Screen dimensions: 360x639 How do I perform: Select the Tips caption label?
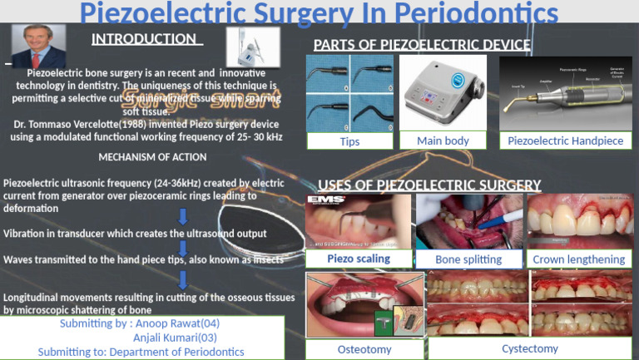pyautogui.click(x=349, y=141)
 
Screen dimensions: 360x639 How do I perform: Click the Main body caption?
pyautogui.click(x=443, y=141)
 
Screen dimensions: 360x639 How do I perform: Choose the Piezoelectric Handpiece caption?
pyautogui.click(x=565, y=141)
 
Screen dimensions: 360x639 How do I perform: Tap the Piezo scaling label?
pyautogui.click(x=358, y=259)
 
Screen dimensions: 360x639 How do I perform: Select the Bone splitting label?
pyautogui.click(x=468, y=259)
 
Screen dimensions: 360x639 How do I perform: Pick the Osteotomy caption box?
pyautogui.click(x=364, y=349)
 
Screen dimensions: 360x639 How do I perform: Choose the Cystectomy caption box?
pyautogui.click(x=529, y=348)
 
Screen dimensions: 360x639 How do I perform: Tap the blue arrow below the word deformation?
pyautogui.click(x=183, y=219)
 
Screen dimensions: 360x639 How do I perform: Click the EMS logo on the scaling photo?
pyautogui.click(x=321, y=200)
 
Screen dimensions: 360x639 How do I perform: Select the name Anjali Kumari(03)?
pyautogui.click(x=176, y=338)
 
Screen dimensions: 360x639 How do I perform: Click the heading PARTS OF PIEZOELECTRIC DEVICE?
pyautogui.click(x=422, y=44)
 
